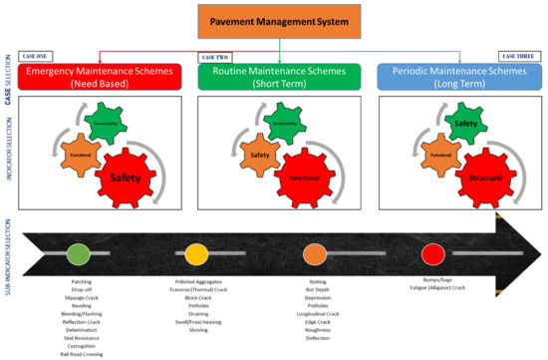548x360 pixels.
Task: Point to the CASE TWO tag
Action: click(216, 58)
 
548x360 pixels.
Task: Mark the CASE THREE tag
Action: click(513, 58)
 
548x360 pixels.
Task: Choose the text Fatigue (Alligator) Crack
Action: click(431, 289)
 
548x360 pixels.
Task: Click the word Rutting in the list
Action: click(318, 282)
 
